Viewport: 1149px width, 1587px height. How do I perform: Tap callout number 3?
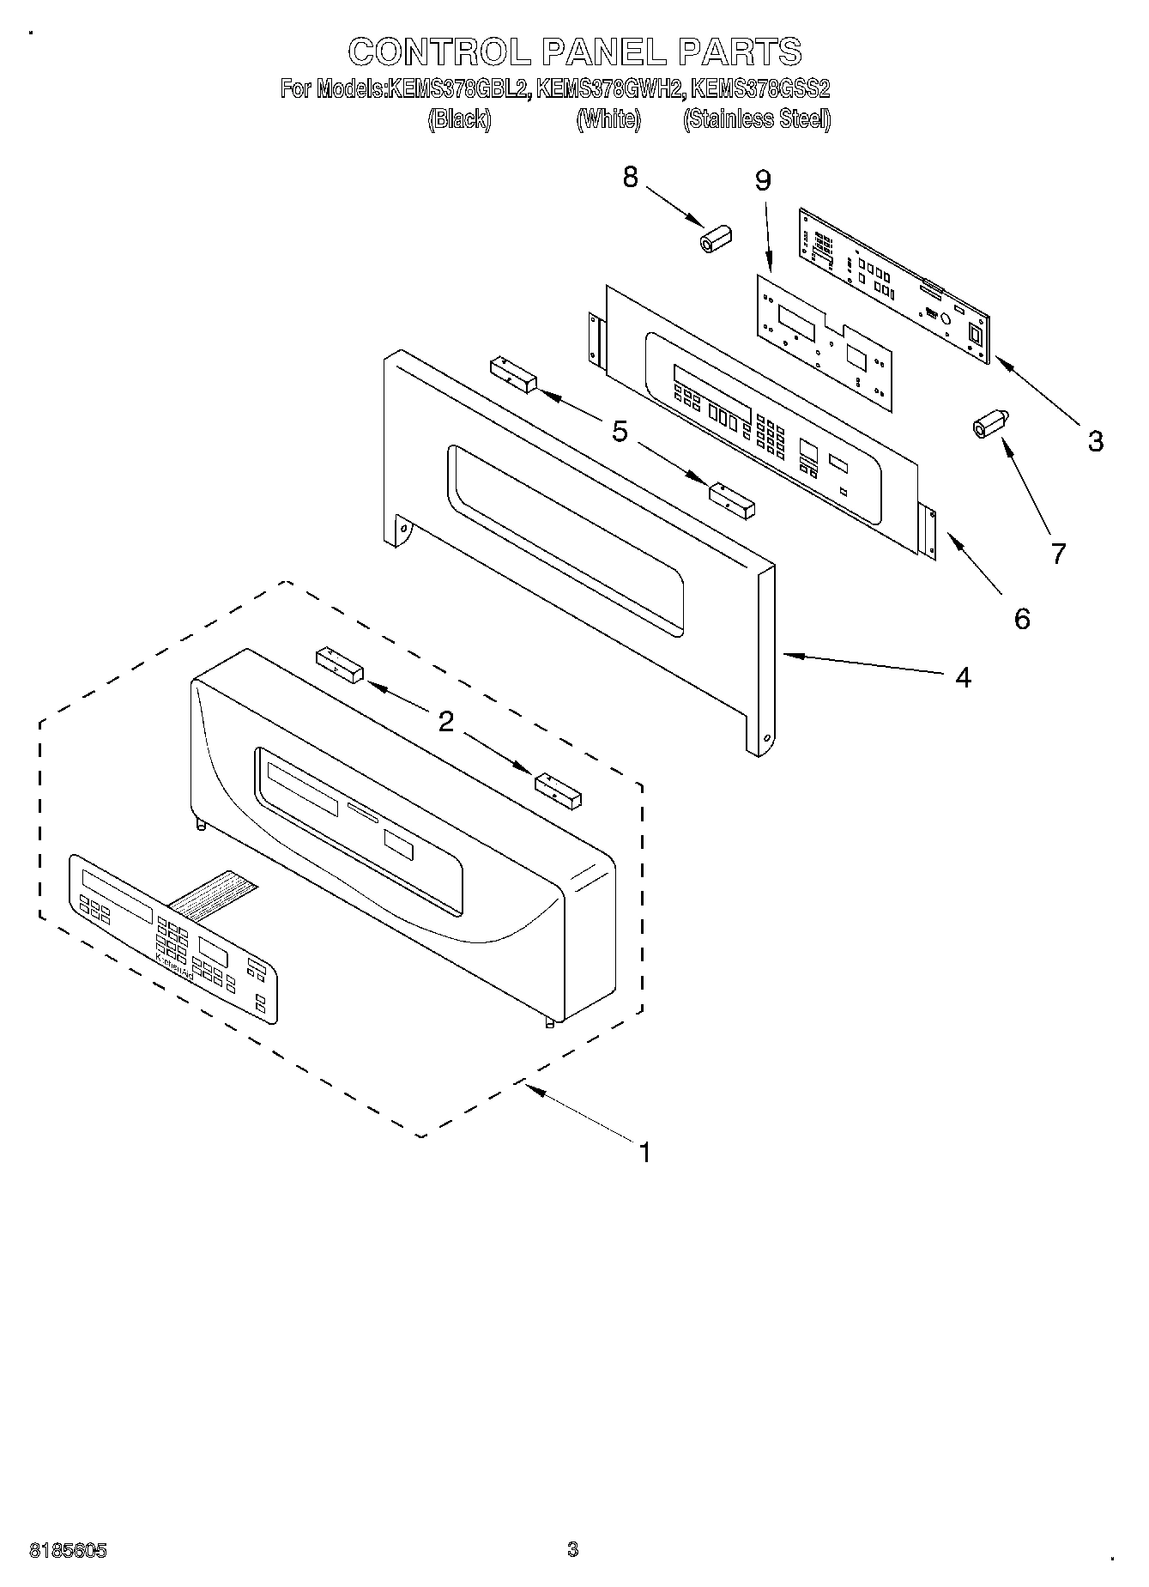click(1095, 441)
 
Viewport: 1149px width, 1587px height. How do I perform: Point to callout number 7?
click(1058, 554)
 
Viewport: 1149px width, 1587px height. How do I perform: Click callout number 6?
click(1021, 618)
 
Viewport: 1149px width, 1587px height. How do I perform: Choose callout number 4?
click(963, 677)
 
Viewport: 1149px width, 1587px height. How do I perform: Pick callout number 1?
click(644, 1152)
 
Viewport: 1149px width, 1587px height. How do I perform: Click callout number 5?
click(620, 431)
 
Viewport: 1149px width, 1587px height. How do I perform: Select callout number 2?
click(445, 721)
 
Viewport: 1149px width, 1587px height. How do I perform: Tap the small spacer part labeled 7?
click(990, 424)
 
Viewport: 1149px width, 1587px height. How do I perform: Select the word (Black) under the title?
click(459, 119)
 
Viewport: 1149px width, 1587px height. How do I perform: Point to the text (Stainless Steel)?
click(756, 119)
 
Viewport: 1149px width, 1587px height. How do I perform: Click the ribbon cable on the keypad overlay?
click(212, 893)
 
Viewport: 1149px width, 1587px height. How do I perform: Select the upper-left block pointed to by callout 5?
click(512, 375)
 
